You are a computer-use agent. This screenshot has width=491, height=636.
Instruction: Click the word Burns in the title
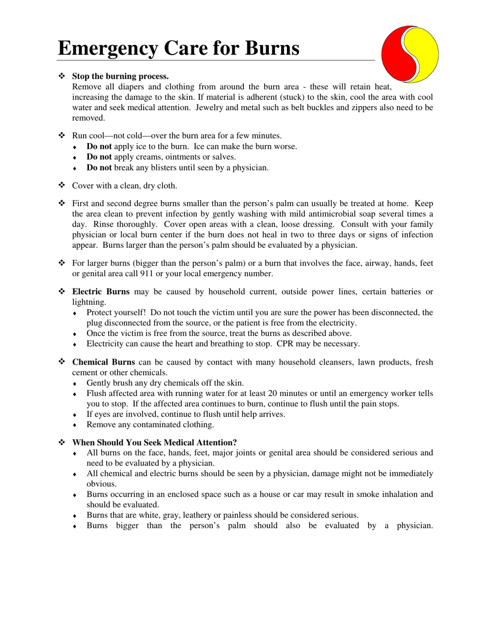266,48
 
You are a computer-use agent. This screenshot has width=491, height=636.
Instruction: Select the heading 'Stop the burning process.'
120,76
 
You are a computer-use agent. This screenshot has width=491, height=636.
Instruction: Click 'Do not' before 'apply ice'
99,146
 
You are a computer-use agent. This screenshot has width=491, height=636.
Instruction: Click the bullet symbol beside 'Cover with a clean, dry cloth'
61,185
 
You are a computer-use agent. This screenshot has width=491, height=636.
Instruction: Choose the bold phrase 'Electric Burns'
101,292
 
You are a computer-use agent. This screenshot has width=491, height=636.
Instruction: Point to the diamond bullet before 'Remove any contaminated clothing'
75,425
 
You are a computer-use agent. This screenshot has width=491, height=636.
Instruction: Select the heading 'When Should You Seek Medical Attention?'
155,442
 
